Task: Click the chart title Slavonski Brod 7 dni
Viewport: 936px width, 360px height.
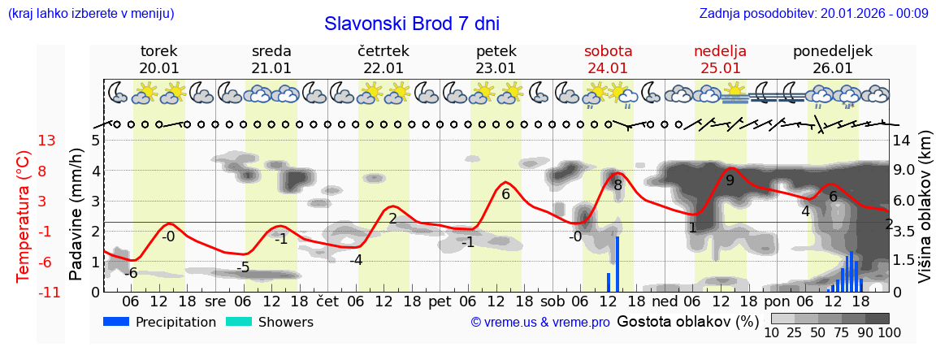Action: point(412,24)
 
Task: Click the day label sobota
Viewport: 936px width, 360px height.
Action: point(608,51)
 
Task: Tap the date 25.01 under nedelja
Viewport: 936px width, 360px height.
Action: point(721,68)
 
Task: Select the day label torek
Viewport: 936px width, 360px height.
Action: point(158,51)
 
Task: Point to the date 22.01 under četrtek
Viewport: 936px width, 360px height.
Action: point(383,68)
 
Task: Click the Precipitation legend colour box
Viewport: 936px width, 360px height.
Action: point(117,322)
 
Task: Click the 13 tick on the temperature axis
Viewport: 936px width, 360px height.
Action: point(46,141)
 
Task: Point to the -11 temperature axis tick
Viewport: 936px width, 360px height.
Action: point(45,292)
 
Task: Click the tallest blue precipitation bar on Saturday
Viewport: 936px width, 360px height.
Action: point(617,263)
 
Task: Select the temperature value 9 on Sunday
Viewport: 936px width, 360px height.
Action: point(730,180)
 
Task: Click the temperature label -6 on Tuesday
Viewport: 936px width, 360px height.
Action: point(131,272)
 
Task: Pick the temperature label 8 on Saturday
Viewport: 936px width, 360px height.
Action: point(617,185)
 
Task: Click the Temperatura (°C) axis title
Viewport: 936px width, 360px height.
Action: point(24,216)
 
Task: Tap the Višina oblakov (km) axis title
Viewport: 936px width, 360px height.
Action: point(925,216)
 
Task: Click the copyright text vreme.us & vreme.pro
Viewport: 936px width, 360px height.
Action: point(540,323)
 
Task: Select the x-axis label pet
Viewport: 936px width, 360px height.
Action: point(440,301)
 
